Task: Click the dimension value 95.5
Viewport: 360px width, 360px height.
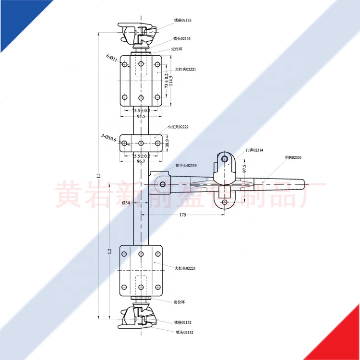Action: pyautogui.click(x=141, y=116)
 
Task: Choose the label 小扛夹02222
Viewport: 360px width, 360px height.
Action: pyautogui.click(x=178, y=127)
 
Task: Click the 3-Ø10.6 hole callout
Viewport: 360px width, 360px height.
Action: pyautogui.click(x=108, y=137)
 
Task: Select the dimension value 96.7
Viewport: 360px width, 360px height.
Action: pyautogui.click(x=141, y=161)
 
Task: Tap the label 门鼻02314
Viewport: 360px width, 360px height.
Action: pyautogui.click(x=254, y=150)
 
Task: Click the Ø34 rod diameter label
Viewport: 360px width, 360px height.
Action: pyautogui.click(x=126, y=203)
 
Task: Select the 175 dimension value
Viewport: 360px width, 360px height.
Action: pyautogui.click(x=182, y=215)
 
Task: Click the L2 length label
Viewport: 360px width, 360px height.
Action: pyautogui.click(x=109, y=251)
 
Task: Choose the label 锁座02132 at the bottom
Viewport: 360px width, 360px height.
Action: pyautogui.click(x=182, y=322)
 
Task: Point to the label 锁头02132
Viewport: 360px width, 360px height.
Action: pyautogui.click(x=184, y=332)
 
